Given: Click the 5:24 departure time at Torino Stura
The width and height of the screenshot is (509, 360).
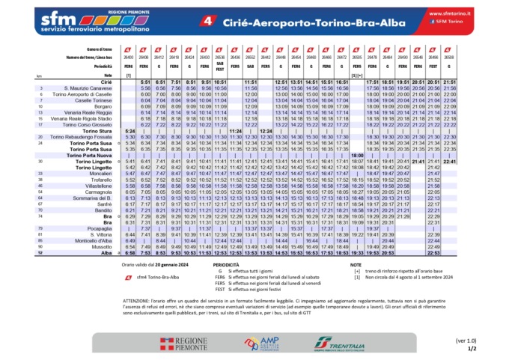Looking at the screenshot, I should pyautogui.click(x=129, y=130).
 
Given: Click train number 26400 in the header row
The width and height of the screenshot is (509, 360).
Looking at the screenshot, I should pyautogui.click(x=129, y=56).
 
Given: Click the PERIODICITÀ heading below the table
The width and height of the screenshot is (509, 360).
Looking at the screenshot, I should pyautogui.click(x=225, y=265).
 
